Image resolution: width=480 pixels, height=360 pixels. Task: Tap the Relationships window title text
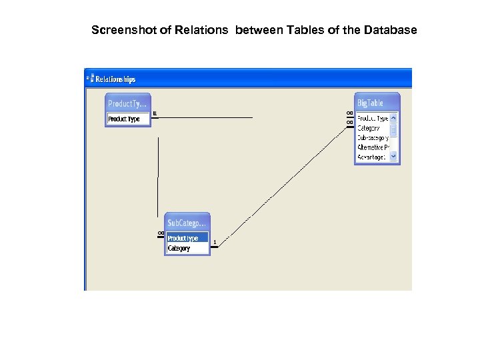pos(115,79)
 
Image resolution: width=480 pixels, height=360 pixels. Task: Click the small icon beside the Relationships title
pos(89,79)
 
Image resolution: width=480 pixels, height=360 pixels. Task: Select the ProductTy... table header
pos(127,103)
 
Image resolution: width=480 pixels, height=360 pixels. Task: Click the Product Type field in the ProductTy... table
pos(125,119)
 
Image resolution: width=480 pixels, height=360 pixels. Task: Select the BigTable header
pos(371,103)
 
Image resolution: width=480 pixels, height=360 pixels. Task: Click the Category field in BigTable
pos(369,127)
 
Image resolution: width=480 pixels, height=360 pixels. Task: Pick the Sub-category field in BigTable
pos(373,137)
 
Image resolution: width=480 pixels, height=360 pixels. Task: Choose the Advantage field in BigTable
pos(371,157)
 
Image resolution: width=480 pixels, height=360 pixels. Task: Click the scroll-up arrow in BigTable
pos(393,118)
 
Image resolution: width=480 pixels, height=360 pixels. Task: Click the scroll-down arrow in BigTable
pos(393,157)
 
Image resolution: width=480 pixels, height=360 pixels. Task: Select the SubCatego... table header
pos(187,223)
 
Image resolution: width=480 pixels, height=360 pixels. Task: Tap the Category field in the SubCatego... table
pos(179,248)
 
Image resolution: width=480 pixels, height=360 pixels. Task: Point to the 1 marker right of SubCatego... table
pos(215,242)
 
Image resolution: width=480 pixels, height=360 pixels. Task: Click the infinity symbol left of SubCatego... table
pos(161,233)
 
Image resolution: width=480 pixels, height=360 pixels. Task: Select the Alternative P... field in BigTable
pos(371,147)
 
